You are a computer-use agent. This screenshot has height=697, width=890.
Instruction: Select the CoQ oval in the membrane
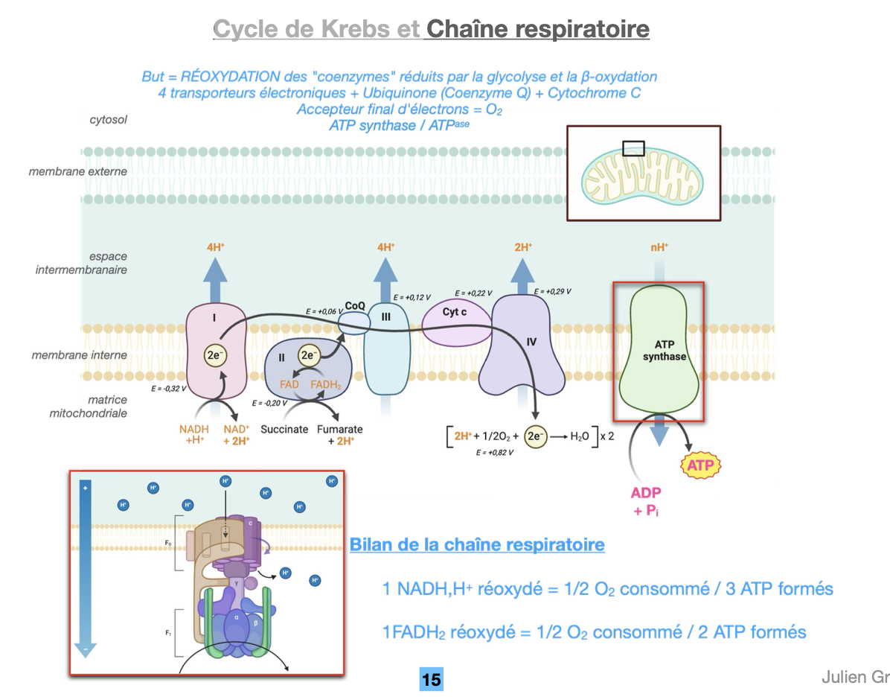click(x=354, y=322)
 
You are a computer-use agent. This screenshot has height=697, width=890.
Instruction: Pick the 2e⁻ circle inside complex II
click(x=309, y=355)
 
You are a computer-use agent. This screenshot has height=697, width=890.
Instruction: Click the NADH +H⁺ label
click(x=194, y=435)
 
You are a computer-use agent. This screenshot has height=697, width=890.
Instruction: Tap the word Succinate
click(x=284, y=430)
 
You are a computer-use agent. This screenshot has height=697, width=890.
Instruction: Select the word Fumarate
click(x=340, y=430)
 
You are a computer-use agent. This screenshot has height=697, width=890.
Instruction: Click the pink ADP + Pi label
click(x=646, y=500)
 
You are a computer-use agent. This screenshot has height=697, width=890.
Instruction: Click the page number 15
click(x=431, y=679)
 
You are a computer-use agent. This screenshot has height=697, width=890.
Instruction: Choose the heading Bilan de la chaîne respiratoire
click(x=477, y=544)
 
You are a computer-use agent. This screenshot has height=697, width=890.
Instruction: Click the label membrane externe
click(x=78, y=171)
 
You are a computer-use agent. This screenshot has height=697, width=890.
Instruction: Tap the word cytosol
click(x=109, y=119)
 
